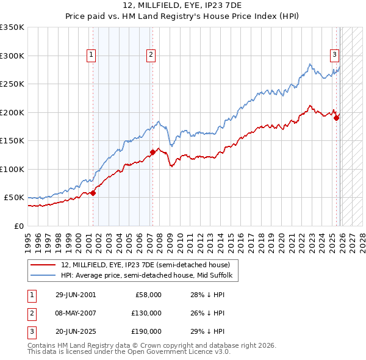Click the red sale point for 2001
point(93,193)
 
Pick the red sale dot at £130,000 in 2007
point(152,152)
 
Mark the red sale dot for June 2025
point(336,118)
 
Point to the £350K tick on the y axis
point(13,27)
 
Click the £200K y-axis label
point(13,112)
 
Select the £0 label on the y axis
point(18,226)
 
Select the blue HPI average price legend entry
point(148,275)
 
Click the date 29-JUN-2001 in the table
point(76,295)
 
